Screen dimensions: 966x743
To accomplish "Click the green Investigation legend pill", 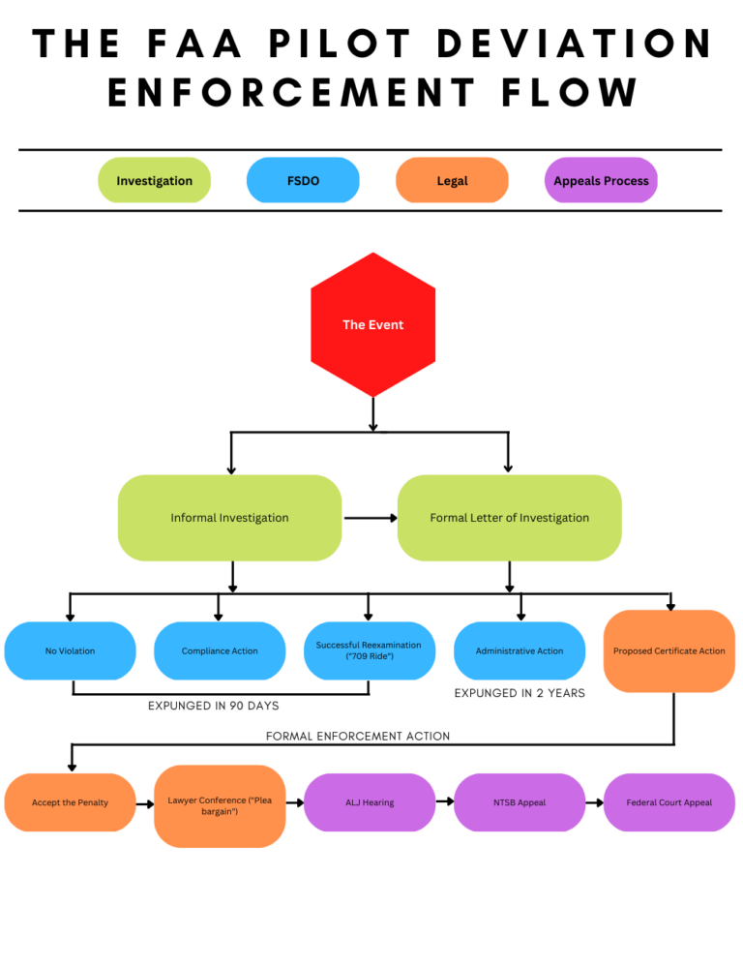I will [x=154, y=180].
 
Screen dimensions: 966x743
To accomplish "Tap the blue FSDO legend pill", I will [x=303, y=180].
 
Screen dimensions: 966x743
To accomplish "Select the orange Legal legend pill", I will [x=452, y=180].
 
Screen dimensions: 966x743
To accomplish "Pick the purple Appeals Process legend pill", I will [x=601, y=180].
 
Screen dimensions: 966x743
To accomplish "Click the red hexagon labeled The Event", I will [x=372, y=324].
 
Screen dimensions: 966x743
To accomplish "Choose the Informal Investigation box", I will [x=229, y=518].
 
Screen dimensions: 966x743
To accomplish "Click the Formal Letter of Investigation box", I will [x=509, y=518].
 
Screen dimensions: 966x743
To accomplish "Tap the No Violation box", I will [x=70, y=650].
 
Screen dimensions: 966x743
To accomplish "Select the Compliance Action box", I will [x=220, y=650].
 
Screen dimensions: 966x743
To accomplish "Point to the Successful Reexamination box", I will [x=369, y=650].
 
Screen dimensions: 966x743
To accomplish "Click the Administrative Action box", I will [x=520, y=650].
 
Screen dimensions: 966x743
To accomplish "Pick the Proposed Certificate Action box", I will [x=669, y=650].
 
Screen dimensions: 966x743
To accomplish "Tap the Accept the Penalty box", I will [x=70, y=802].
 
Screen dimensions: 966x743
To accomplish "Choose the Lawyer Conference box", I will [x=220, y=805].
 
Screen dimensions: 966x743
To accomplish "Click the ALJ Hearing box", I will [x=370, y=802].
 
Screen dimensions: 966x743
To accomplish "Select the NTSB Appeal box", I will [x=520, y=802].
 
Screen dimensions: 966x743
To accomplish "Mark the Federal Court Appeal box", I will [x=669, y=802].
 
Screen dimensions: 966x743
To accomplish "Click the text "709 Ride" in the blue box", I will [x=369, y=656].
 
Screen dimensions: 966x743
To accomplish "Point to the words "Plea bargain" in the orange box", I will [x=230, y=805].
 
